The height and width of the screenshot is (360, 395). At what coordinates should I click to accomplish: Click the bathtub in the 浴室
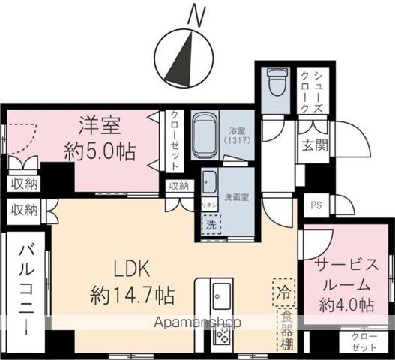tap(205, 136)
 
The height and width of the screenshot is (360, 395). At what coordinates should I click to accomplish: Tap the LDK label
tap(133, 268)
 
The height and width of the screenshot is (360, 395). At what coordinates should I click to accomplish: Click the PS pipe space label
tap(314, 203)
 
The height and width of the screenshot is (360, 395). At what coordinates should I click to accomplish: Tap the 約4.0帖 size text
tap(346, 304)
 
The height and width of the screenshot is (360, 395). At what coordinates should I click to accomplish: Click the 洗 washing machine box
tap(211, 223)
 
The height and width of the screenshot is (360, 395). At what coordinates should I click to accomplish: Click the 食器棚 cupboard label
tap(286, 330)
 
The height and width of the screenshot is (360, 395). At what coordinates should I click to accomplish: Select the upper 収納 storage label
tap(25, 184)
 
